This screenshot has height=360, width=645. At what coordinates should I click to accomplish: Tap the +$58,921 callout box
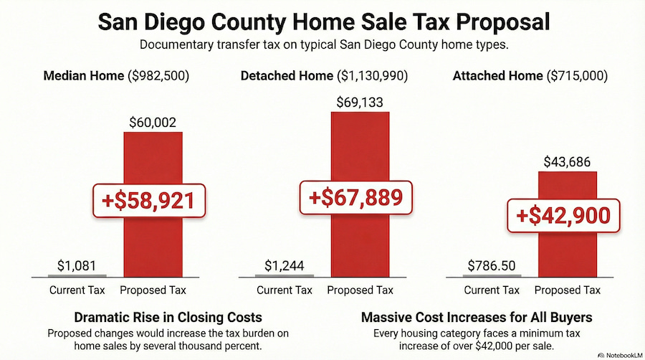[x=149, y=200]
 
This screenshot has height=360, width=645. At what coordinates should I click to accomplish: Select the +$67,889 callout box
[x=356, y=194]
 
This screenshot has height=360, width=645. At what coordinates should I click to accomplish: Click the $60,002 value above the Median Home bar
[x=152, y=122]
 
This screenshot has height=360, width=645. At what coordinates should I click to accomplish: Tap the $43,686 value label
[x=567, y=163]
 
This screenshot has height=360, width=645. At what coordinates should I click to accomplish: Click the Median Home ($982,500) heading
[x=119, y=76]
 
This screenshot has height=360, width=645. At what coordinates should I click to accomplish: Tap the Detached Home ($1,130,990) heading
[x=327, y=76]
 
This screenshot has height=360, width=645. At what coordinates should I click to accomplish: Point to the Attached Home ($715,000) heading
[x=530, y=76]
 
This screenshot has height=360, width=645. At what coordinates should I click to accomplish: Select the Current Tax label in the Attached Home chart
[x=492, y=290]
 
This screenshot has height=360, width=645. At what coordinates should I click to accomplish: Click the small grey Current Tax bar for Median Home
[x=77, y=275]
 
